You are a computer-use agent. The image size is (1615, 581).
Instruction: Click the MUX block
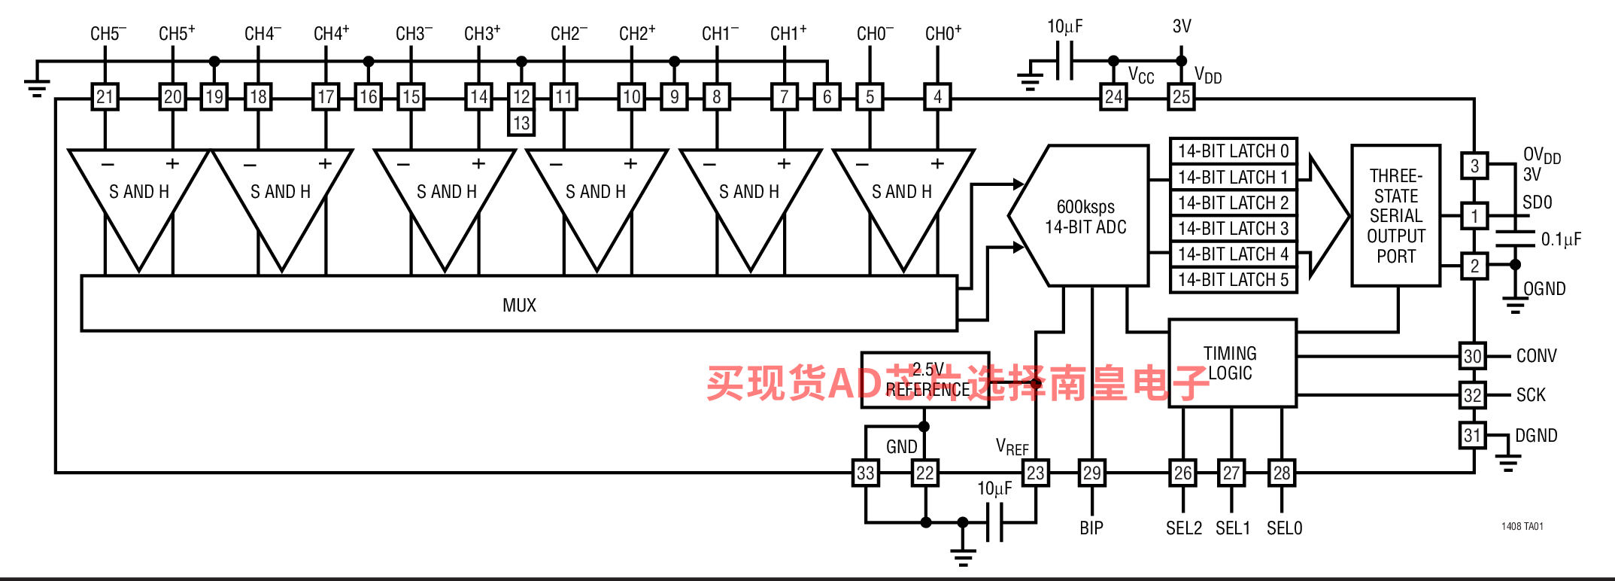pyautogui.click(x=519, y=304)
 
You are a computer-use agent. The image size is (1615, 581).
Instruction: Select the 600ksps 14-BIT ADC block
pyautogui.click(x=1085, y=217)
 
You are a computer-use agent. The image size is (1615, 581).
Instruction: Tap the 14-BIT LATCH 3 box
pyautogui.click(x=1233, y=229)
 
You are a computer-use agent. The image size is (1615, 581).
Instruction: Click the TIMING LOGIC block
pyautogui.click(x=1231, y=363)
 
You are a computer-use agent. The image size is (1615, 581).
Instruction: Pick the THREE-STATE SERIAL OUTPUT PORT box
pyautogui.click(x=1395, y=216)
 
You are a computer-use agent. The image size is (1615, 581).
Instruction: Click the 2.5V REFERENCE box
pyautogui.click(x=924, y=380)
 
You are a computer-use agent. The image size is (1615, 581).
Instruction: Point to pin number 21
pyautogui.click(x=105, y=96)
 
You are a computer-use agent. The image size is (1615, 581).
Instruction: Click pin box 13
pyautogui.click(x=521, y=123)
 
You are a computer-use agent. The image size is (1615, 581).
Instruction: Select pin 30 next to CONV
pyautogui.click(x=1473, y=356)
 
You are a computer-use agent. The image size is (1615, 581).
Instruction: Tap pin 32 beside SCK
pyautogui.click(x=1473, y=395)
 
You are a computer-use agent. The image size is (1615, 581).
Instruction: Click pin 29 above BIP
pyautogui.click(x=1091, y=473)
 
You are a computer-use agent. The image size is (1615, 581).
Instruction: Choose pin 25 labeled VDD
pyautogui.click(x=1181, y=96)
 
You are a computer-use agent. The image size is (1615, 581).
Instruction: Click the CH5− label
pyautogui.click(x=108, y=34)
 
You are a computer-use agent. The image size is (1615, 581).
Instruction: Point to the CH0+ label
pyautogui.click(x=943, y=34)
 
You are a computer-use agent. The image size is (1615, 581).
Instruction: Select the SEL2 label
pyautogui.click(x=1183, y=528)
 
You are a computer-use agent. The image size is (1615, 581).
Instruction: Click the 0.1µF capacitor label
pyautogui.click(x=1561, y=239)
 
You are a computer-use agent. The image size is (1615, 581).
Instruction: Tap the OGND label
pyautogui.click(x=1544, y=289)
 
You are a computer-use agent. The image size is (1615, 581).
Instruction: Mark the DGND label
pyautogui.click(x=1536, y=436)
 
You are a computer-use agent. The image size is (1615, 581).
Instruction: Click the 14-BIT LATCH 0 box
pyautogui.click(x=1233, y=151)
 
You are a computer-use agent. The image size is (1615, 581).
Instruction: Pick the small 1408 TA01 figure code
pyautogui.click(x=1522, y=526)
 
